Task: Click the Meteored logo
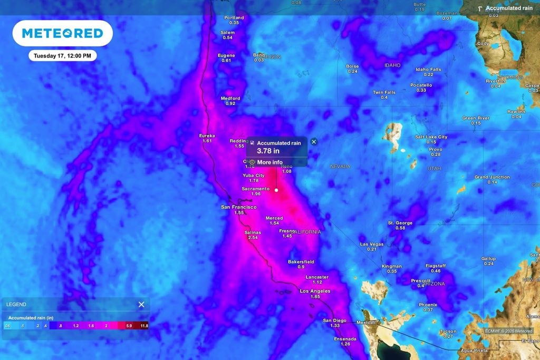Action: point(62,33)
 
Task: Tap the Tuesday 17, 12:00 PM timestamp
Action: point(62,55)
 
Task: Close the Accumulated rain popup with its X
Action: point(314,142)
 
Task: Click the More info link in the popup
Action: point(269,162)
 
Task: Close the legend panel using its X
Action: point(141,304)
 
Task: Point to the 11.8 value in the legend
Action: point(143,326)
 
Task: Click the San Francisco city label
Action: point(239,207)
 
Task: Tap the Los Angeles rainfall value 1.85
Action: point(315,297)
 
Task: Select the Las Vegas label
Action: point(372,244)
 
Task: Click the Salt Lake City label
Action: point(431,137)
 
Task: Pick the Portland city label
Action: point(234,17)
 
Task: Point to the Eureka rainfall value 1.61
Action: point(207,141)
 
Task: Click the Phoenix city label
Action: point(428,305)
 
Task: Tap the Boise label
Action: point(352,66)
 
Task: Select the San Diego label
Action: point(335,320)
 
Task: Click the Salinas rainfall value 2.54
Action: point(253,238)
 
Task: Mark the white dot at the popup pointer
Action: point(276,190)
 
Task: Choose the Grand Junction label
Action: point(492,177)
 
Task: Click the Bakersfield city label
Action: point(301,261)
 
